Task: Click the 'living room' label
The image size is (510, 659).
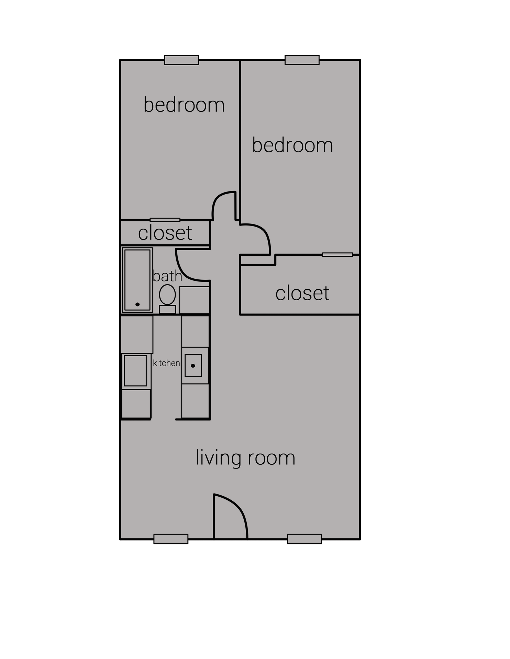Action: point(245,458)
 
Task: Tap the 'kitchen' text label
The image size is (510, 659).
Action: point(166,363)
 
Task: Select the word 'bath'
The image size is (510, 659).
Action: point(167,276)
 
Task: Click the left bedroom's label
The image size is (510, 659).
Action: point(184,105)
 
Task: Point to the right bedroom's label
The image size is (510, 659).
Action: point(292,145)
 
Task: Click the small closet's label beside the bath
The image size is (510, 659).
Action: point(165,233)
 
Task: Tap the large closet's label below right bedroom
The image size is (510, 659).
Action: point(302,293)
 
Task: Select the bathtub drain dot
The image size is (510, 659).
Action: point(137,304)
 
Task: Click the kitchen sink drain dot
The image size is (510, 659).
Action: point(193,366)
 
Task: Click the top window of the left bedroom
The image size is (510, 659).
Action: point(181,60)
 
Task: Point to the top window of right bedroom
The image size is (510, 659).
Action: point(302,60)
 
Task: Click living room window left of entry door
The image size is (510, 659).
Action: point(171,539)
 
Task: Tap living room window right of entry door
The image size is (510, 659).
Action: point(304,539)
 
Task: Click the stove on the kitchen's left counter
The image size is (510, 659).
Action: point(135,371)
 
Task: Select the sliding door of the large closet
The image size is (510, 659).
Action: point(337,255)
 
